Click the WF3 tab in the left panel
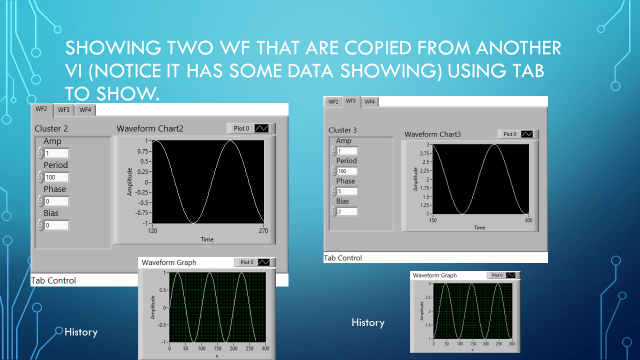[x=63, y=109]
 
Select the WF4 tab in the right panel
[x=369, y=102]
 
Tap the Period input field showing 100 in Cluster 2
[x=55, y=177]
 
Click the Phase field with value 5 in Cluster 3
[x=345, y=191]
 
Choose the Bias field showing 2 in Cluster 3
[x=345, y=211]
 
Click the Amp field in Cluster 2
[x=55, y=153]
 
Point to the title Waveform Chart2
[x=150, y=128]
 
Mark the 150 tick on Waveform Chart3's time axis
[x=433, y=219]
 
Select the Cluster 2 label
[x=51, y=129]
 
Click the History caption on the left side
[x=80, y=331]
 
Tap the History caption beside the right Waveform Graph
[x=368, y=322]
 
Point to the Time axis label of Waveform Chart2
[x=206, y=239]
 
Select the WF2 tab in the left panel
[x=42, y=109]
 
